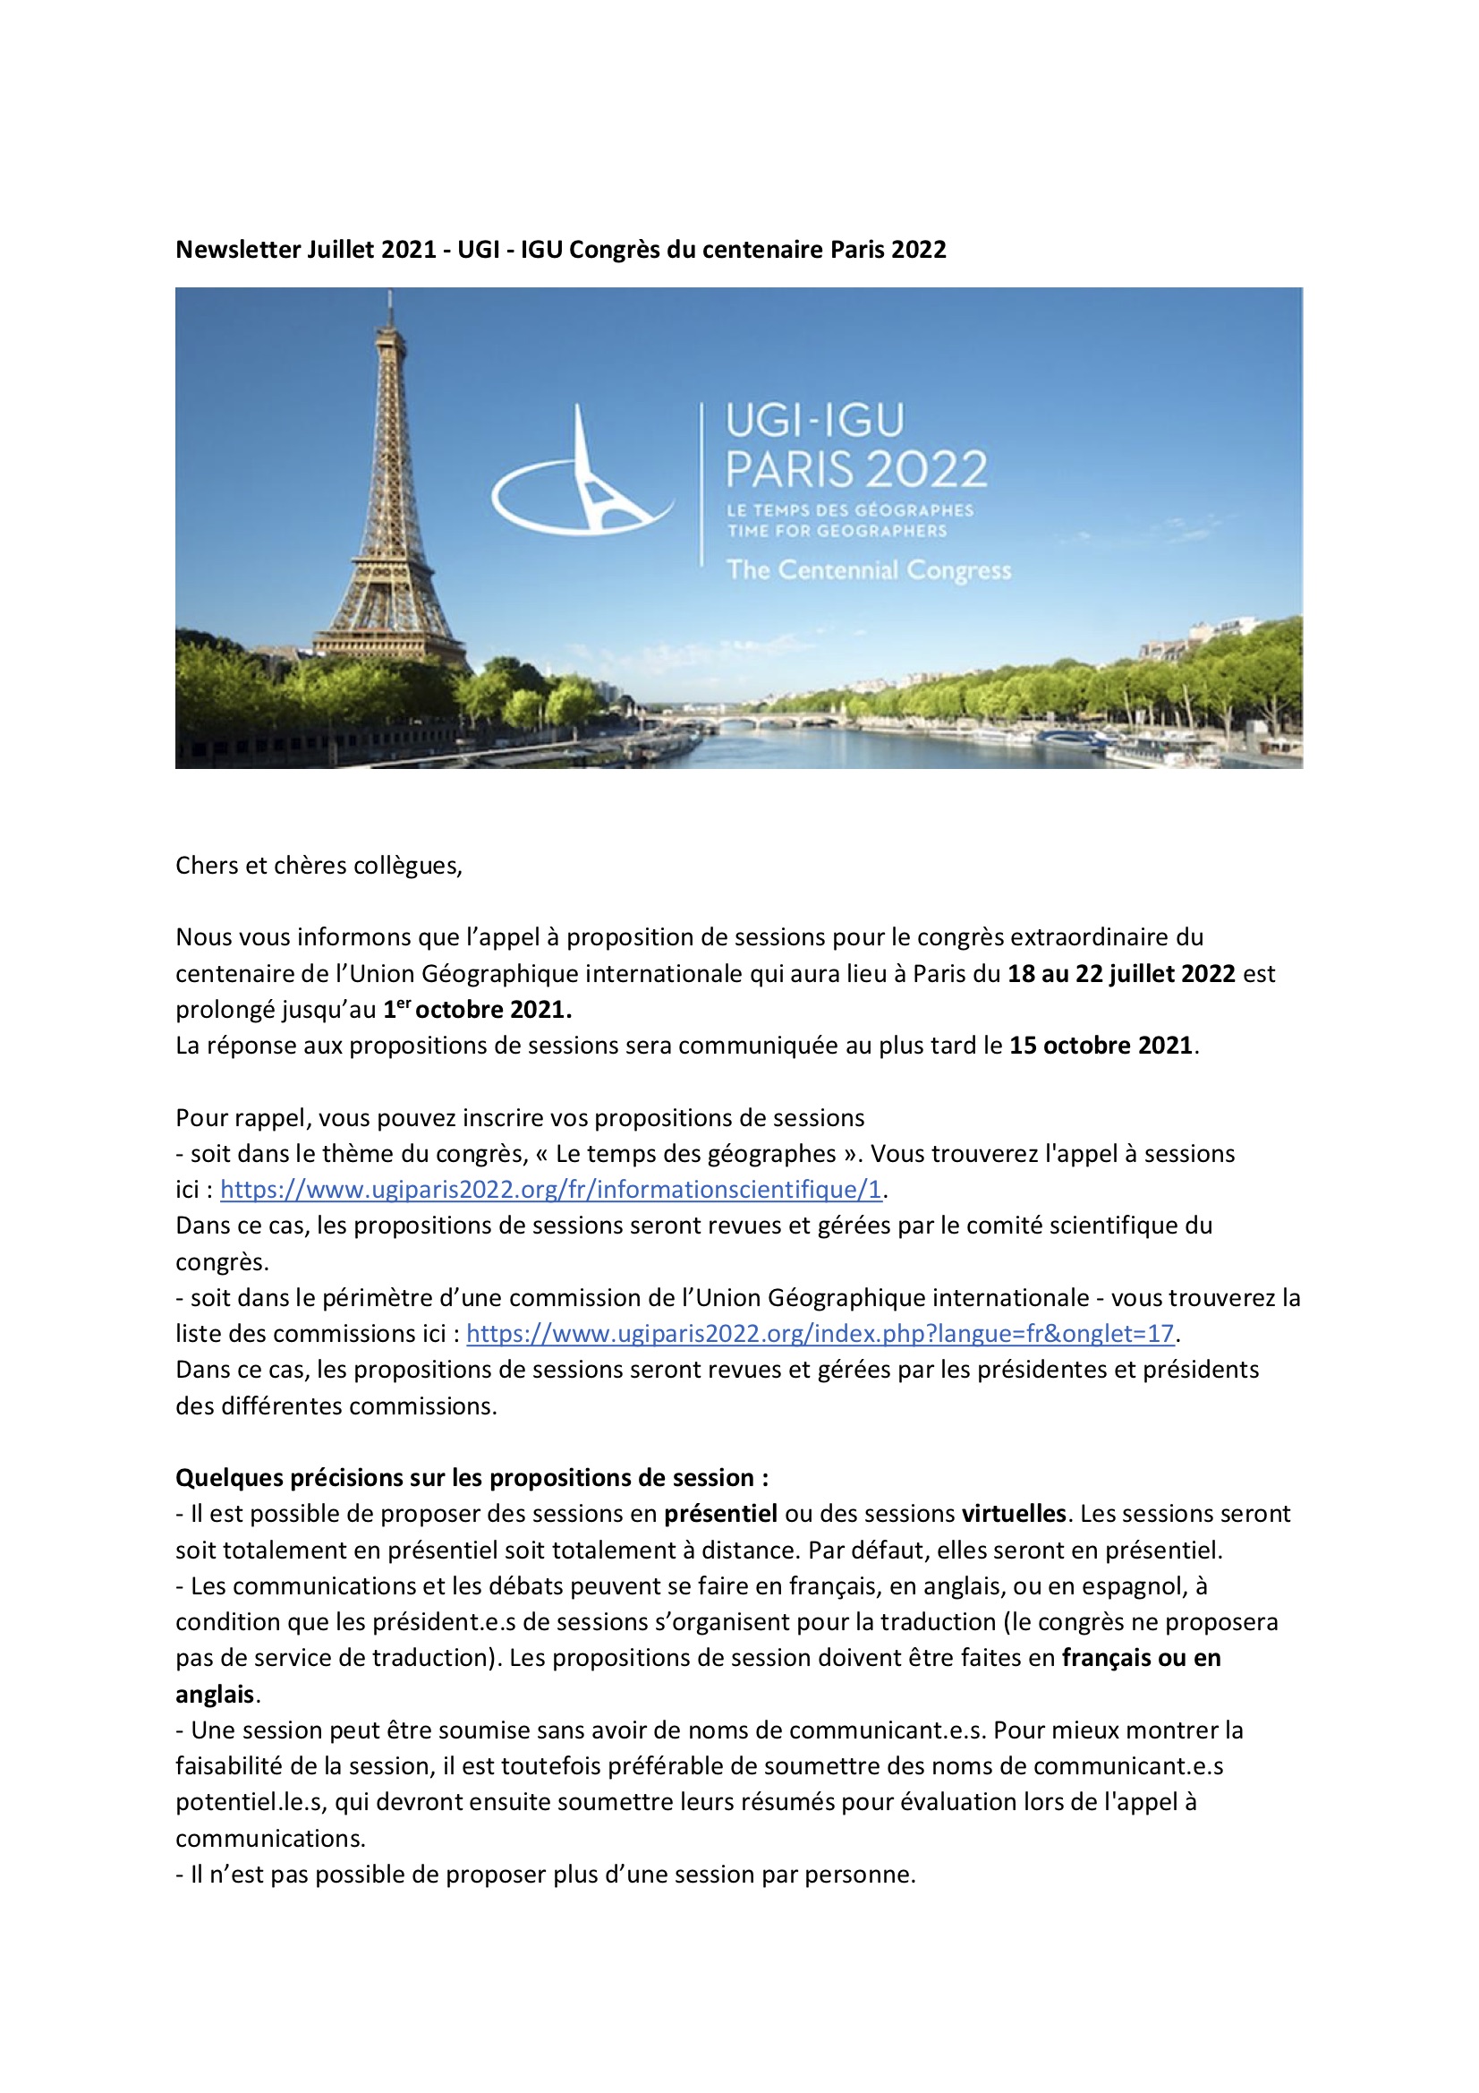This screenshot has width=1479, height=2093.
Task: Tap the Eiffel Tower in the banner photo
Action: pyautogui.click(x=390, y=510)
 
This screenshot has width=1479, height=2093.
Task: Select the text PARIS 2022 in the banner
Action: pyautogui.click(x=855, y=468)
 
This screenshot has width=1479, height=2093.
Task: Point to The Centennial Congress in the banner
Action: pyautogui.click(x=869, y=569)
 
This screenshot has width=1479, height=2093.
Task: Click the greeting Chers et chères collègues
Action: pyautogui.click(x=319, y=865)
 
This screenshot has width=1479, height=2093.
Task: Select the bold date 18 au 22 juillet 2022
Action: pyautogui.click(x=1121, y=974)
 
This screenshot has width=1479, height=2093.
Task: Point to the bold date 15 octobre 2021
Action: pyautogui.click(x=1101, y=1046)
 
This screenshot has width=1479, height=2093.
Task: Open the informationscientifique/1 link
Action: pyautogui.click(x=550, y=1190)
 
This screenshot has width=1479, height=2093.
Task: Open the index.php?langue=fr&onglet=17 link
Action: pyautogui.click(x=820, y=1334)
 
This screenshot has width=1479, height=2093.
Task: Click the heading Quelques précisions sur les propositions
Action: pyautogui.click(x=472, y=1478)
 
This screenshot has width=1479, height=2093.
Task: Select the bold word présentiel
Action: pyautogui.click(x=721, y=1514)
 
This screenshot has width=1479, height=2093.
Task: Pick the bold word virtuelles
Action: pyautogui.click(x=1014, y=1514)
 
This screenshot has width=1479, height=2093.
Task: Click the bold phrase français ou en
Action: pyautogui.click(x=1141, y=1658)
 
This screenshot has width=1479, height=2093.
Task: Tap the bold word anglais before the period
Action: pyautogui.click(x=214, y=1695)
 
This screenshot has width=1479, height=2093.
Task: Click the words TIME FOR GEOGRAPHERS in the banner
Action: pyautogui.click(x=837, y=531)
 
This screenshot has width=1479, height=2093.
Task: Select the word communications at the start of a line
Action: pyautogui.click(x=269, y=1839)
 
